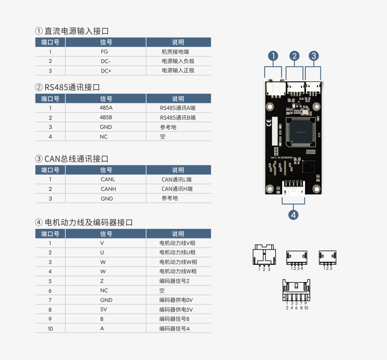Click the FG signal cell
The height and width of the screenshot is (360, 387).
click(104, 52)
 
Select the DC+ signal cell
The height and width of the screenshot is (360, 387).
click(106, 71)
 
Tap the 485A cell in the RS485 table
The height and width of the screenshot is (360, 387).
click(106, 108)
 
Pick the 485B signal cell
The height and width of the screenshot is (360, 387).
click(106, 118)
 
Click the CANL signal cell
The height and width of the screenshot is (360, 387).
click(108, 180)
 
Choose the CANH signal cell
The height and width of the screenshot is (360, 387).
click(108, 189)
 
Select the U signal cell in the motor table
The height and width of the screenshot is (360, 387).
click(102, 253)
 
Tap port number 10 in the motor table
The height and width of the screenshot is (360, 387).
click(50, 329)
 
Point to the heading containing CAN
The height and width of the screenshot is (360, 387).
click(76, 159)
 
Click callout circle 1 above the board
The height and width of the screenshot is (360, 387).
click(273, 56)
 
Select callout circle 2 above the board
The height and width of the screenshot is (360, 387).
click(295, 56)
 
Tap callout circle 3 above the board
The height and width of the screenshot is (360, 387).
click(313, 56)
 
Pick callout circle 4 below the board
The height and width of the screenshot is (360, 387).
click(293, 214)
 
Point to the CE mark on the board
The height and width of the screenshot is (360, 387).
click(269, 123)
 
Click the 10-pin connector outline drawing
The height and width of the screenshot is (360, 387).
click(296, 290)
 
